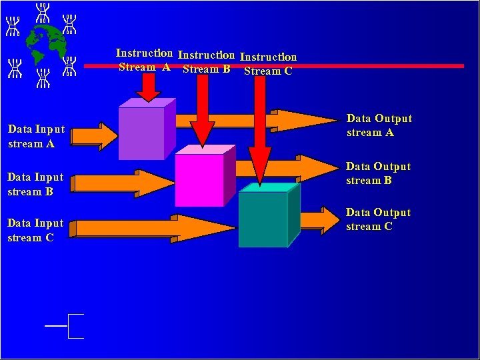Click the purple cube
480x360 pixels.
tap(141, 133)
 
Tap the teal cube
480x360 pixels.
tap(263, 219)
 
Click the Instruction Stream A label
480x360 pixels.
tap(144, 60)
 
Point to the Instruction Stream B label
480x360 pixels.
tap(206, 62)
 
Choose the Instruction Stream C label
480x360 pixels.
tap(268, 64)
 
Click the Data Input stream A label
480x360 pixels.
tap(37, 136)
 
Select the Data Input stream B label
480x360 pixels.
tap(35, 184)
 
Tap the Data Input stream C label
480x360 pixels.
tap(35, 230)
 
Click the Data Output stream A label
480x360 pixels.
tap(379, 125)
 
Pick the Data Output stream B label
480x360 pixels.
tap(378, 173)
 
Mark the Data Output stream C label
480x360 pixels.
tap(378, 219)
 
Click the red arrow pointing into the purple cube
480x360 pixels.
tap(149, 85)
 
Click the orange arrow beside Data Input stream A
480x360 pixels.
tap(94, 136)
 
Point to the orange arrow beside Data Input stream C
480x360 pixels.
tap(153, 228)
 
